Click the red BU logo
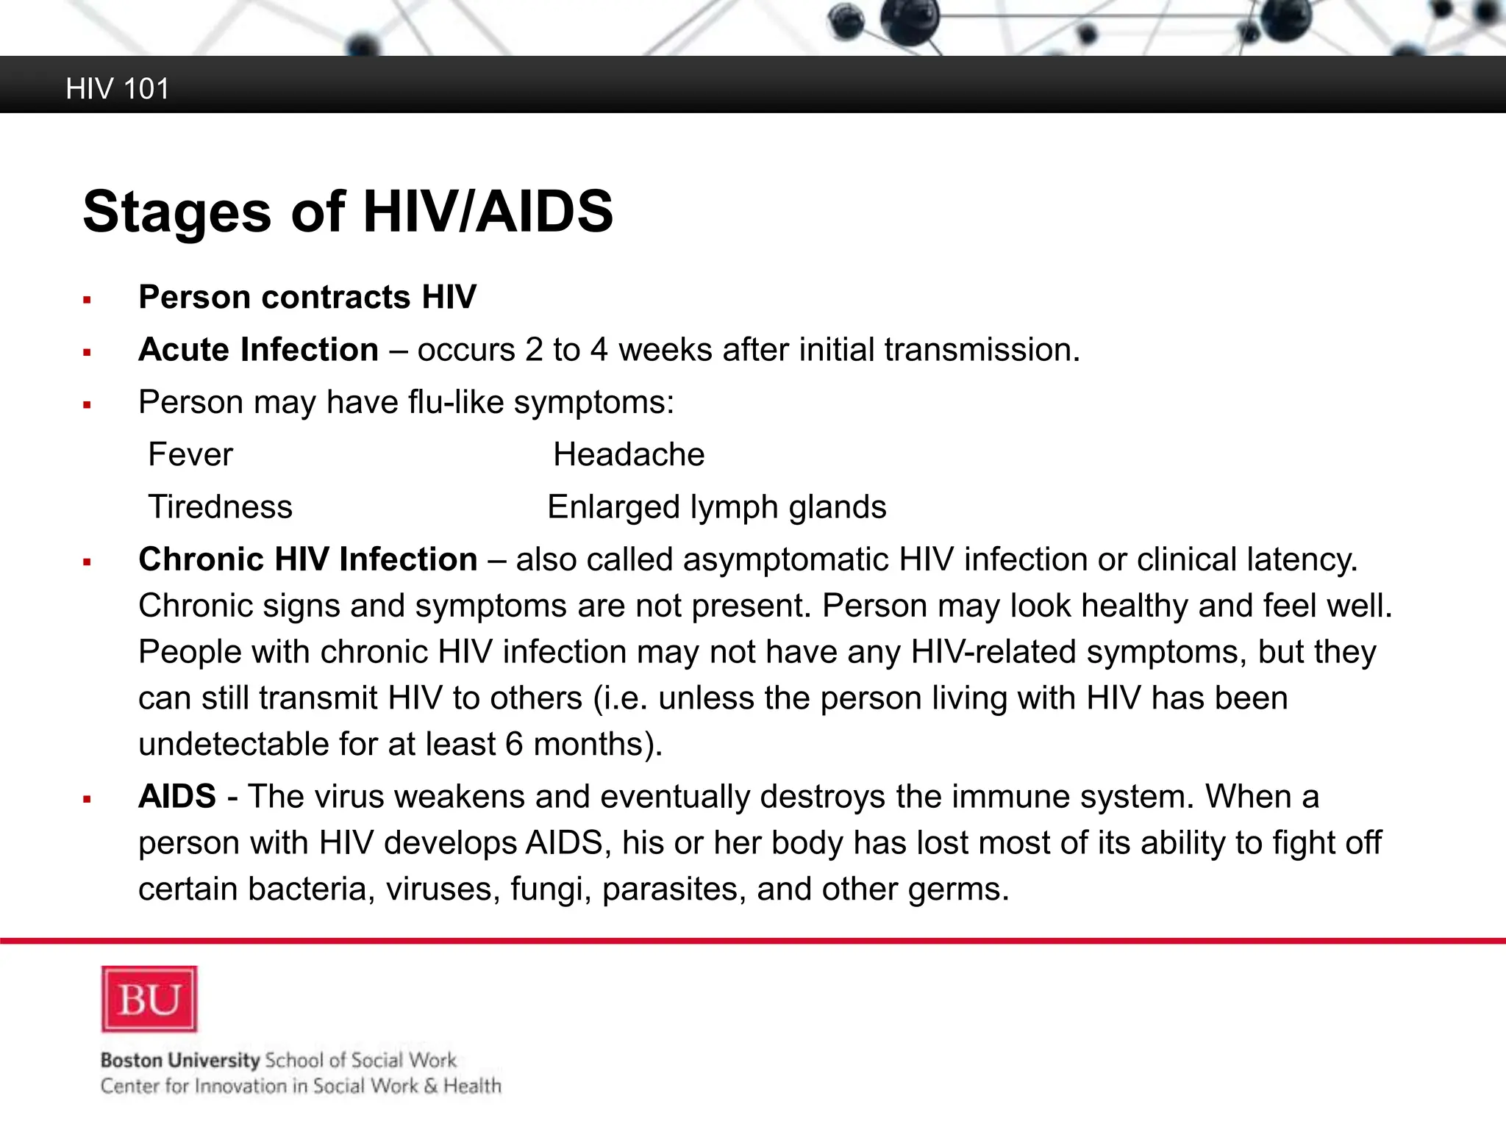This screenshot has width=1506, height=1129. pos(149,999)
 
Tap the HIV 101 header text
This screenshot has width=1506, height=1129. pos(118,89)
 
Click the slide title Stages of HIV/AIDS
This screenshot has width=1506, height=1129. pos(348,212)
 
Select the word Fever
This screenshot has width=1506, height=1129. pos(190,454)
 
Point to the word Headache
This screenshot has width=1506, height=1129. pos(629,454)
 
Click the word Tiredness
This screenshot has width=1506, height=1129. pos(221,507)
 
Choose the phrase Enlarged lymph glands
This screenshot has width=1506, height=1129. pos(717,507)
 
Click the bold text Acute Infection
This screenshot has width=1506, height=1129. pos(259,350)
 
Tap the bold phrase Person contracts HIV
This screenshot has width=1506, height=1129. pos(307,297)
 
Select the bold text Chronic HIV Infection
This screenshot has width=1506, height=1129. pos(308,559)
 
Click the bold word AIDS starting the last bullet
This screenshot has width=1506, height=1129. pos(177,797)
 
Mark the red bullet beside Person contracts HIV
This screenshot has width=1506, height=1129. pos(87,300)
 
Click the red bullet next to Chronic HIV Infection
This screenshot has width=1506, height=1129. pos(87,563)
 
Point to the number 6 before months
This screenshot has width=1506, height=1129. pos(515,745)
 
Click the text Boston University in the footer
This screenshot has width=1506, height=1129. pos(180,1060)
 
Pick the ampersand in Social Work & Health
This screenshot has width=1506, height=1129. pos(431,1086)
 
